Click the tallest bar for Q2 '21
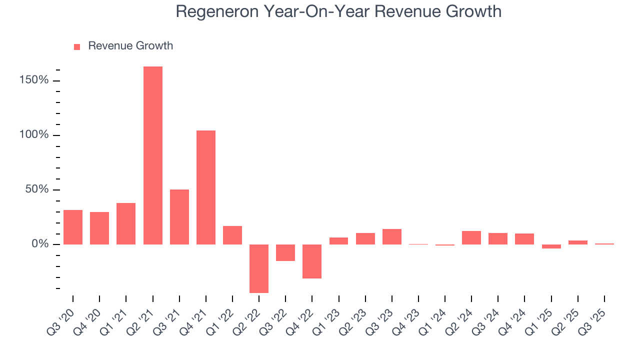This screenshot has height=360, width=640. point(152,155)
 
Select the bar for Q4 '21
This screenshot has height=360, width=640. point(205,187)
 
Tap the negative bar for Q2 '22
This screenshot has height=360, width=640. point(259,268)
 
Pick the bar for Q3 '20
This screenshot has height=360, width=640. point(73,227)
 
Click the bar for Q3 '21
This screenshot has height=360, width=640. point(179,216)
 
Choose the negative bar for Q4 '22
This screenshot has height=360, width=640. point(312,261)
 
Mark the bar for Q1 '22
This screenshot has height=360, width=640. point(232,235)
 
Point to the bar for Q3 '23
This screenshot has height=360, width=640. point(391,236)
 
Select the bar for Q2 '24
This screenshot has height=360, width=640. point(471,237)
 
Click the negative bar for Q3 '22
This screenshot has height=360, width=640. point(285,252)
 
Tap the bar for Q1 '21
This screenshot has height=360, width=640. point(126,223)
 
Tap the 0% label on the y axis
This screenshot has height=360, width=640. point(41,244)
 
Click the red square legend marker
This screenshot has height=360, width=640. point(77,46)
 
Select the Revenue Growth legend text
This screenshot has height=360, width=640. point(130,46)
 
